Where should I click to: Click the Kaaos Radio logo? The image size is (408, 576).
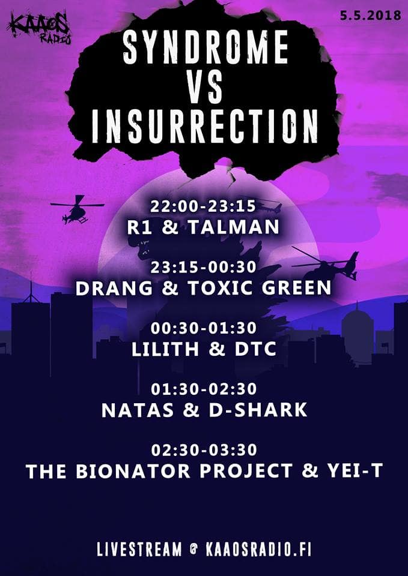click(39, 28)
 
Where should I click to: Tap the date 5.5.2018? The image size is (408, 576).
click(371, 16)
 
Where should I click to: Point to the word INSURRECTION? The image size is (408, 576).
click(204, 126)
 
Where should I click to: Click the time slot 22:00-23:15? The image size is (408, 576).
click(202, 207)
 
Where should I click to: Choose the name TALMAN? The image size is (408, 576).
click(234, 228)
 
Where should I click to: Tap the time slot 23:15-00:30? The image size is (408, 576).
click(204, 267)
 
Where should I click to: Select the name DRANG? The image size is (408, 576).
click(114, 289)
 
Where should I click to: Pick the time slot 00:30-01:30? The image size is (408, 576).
click(204, 328)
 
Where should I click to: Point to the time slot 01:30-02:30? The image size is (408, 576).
click(204, 389)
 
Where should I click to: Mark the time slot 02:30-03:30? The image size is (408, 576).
click(204, 450)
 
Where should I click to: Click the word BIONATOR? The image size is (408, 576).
click(133, 472)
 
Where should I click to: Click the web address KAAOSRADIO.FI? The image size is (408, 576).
click(254, 550)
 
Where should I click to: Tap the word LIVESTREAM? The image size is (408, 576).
click(139, 550)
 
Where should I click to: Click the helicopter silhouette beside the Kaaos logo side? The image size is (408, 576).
click(78, 209)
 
